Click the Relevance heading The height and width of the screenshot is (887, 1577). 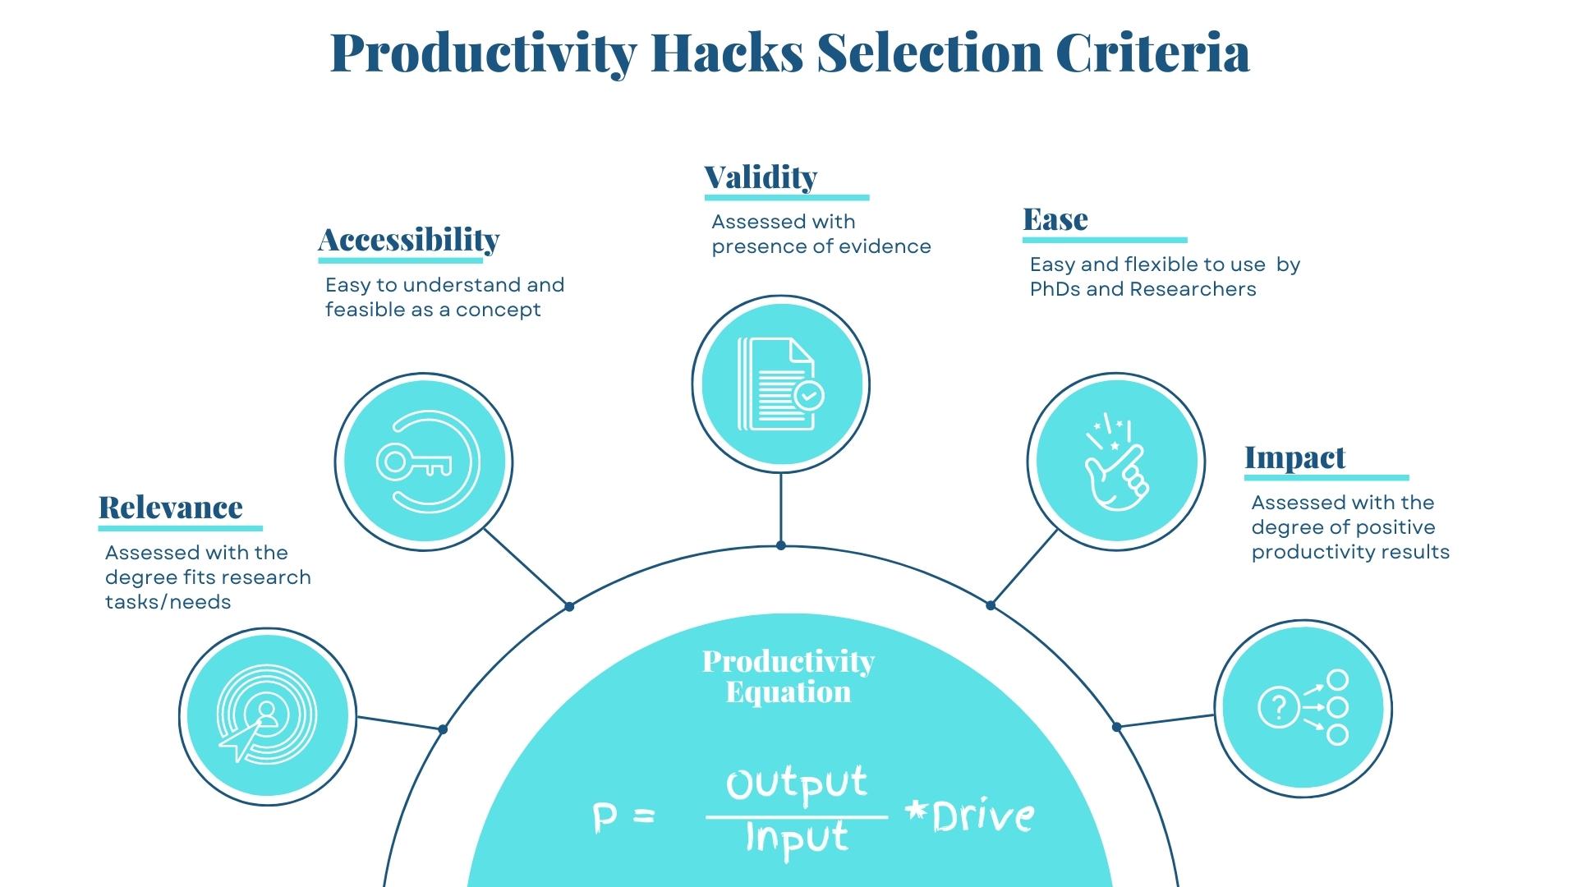[x=170, y=508]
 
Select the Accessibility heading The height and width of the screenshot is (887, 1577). [x=408, y=240]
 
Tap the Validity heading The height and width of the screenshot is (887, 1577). [x=761, y=177]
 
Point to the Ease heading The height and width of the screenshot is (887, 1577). [x=1055, y=219]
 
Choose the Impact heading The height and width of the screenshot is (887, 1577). [x=1294, y=457]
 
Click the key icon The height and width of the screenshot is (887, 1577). [x=415, y=463]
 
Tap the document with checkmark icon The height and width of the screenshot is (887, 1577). [x=780, y=384]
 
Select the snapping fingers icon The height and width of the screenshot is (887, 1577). [x=1115, y=462]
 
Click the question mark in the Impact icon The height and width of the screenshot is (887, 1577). [x=1278, y=707]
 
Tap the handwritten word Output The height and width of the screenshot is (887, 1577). [x=796, y=784]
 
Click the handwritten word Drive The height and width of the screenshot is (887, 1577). [x=982, y=816]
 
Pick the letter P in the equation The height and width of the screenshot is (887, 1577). [x=604, y=819]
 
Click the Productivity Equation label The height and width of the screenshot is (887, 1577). [x=788, y=676]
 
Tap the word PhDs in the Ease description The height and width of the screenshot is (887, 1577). [x=1055, y=289]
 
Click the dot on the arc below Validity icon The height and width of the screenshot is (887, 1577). [x=780, y=545]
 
